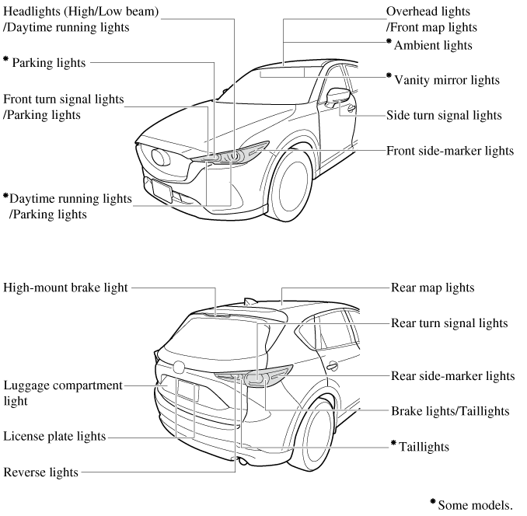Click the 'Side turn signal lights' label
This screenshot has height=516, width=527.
click(444, 115)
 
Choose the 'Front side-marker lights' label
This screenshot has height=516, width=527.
click(450, 150)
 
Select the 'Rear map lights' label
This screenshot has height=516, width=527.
click(433, 288)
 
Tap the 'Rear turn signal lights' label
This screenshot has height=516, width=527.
click(449, 322)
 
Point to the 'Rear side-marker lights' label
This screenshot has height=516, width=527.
click(451, 376)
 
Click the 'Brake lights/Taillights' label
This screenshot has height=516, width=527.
click(450, 411)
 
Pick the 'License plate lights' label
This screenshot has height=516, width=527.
click(54, 437)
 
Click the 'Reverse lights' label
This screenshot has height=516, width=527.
click(41, 472)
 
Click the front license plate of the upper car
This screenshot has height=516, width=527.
click(162, 188)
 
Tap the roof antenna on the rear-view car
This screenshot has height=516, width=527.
click(248, 301)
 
